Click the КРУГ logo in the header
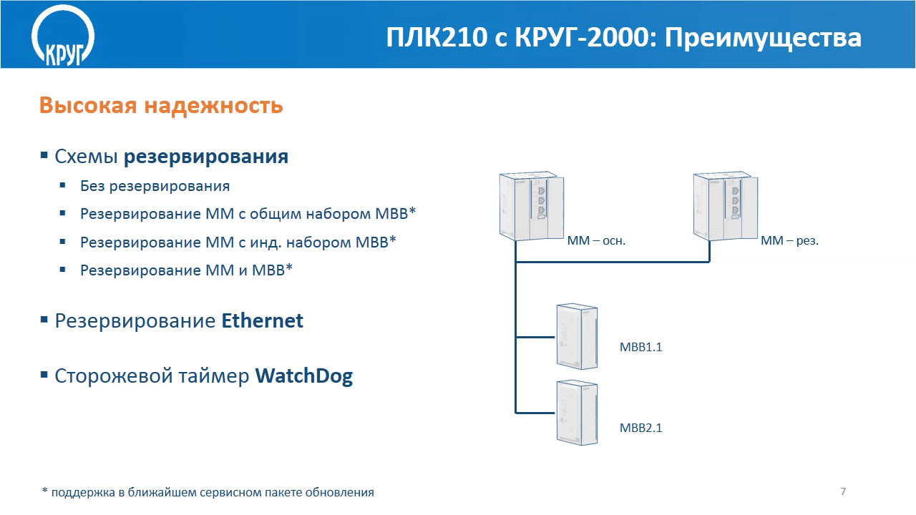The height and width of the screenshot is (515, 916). coord(63,36)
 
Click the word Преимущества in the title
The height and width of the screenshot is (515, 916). coord(763,38)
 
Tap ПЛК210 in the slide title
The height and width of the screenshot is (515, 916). coord(437,37)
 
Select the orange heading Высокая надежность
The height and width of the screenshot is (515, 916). coord(161,105)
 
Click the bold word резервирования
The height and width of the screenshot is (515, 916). coord(206,157)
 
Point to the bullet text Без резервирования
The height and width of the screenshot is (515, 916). coord(155,187)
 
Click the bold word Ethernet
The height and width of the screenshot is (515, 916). coord(263,320)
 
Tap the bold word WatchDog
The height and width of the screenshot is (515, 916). coord(304,376)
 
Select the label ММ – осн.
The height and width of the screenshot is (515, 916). coord(596,241)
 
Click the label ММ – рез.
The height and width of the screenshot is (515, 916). coord(789,241)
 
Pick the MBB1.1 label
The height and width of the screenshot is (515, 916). coord(640,347)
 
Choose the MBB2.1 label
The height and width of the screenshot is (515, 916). coord(640,428)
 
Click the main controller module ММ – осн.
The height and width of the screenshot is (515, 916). coord(532,206)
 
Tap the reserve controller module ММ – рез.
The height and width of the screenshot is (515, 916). coord(726,206)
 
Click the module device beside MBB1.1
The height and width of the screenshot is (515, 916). coord(577,336)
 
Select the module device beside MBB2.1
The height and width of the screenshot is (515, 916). coord(577,413)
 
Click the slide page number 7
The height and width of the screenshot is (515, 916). coord(843,491)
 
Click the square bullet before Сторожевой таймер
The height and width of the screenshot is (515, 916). coord(44,375)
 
